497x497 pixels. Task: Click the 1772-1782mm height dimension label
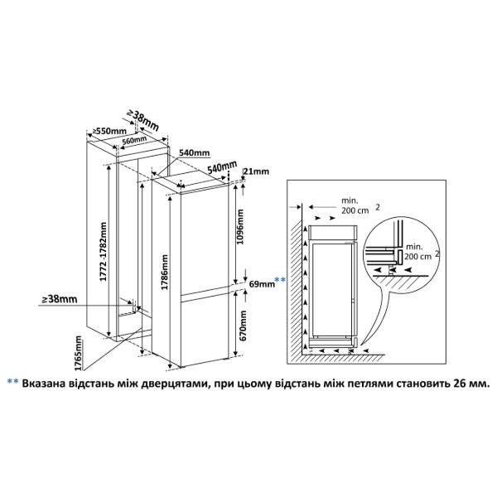104,252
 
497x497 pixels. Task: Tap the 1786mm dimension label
165,273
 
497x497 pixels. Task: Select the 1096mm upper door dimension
240,226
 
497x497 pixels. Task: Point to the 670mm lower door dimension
243,326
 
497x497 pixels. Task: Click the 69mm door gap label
262,283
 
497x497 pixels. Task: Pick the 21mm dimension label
257,171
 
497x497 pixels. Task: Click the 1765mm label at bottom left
78,354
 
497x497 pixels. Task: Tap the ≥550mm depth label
109,131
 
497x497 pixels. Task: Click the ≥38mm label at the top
142,120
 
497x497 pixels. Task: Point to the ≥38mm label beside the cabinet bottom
60,299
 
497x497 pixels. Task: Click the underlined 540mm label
195,152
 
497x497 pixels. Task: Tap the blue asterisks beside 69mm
280,280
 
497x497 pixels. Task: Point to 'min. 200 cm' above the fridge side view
355,205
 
